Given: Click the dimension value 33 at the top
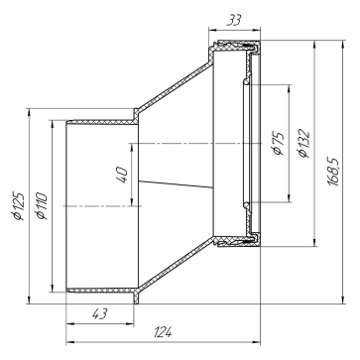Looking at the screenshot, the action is [x=234, y=20].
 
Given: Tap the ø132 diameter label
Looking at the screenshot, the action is [x=303, y=143].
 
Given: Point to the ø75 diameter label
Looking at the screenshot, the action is [x=278, y=143].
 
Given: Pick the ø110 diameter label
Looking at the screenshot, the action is [x=42, y=205].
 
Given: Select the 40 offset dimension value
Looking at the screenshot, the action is [x=121, y=175].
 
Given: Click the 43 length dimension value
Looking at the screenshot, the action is [x=99, y=313].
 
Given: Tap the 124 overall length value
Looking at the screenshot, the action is [x=163, y=332].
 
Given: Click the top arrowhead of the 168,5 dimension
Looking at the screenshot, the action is [x=343, y=45].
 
